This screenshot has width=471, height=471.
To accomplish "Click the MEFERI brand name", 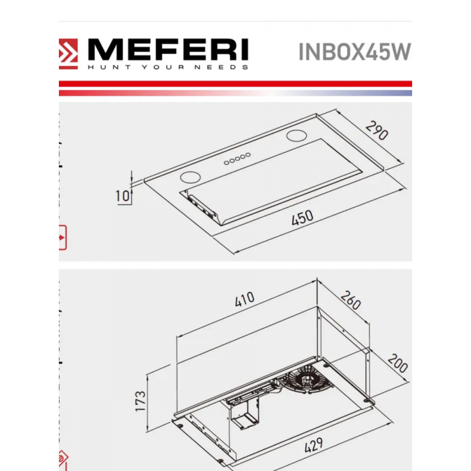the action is tap(168, 49).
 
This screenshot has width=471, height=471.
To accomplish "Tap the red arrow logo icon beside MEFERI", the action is tap(68, 54).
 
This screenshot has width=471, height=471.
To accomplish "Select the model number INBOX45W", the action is tap(355, 52).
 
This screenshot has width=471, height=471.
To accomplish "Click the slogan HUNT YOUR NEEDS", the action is tap(168, 67).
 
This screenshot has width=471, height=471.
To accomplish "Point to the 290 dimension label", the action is tap(377, 130).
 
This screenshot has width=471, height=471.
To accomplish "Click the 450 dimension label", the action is tap(302, 217).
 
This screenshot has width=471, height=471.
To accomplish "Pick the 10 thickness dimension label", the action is tap(122, 196).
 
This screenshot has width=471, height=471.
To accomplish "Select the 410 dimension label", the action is tap(244, 299).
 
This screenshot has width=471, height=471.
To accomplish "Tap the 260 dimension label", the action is tap(351, 300).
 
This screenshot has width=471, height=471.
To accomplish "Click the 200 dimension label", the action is tap(398, 363).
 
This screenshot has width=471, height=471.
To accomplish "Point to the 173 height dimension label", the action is tap(140, 401).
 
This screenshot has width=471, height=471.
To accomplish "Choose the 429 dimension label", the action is tap(314, 445).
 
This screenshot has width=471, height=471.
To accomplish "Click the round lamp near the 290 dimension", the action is tap(296, 136).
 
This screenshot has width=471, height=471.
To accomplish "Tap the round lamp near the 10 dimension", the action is tap(190, 177).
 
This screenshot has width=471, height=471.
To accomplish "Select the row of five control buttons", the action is tap(237, 159).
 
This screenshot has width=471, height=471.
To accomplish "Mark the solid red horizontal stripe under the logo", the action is tap(235, 84).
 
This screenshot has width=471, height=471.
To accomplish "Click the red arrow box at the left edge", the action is tap(63, 237).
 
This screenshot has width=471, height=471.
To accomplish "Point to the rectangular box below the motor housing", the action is tap(246, 417).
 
